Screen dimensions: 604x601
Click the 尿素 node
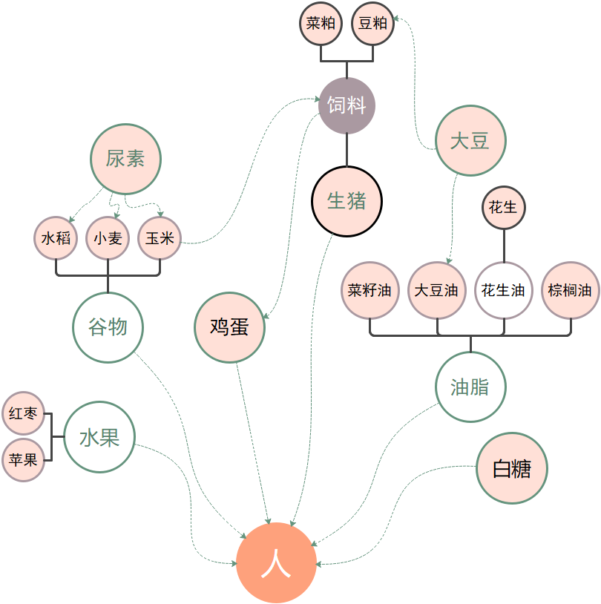point(125,158)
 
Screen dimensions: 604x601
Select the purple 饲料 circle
point(347,105)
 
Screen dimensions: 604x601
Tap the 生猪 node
point(347,200)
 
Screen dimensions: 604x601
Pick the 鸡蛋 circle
point(229,327)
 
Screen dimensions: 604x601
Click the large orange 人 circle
point(276,563)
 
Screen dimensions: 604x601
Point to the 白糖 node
point(511,468)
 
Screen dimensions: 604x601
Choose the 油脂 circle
point(470,387)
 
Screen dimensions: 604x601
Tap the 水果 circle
point(99,438)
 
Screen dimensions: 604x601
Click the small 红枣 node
point(24,414)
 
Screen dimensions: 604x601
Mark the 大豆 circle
point(470,140)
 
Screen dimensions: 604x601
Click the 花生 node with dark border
point(504,207)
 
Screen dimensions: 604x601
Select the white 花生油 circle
point(504,290)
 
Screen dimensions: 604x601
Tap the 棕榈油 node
point(570,290)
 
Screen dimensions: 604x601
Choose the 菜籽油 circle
point(370,290)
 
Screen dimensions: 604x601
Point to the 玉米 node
point(160,238)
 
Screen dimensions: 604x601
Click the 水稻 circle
point(56,238)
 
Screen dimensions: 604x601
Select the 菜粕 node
point(321,23)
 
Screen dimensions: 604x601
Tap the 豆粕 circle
point(372,23)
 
